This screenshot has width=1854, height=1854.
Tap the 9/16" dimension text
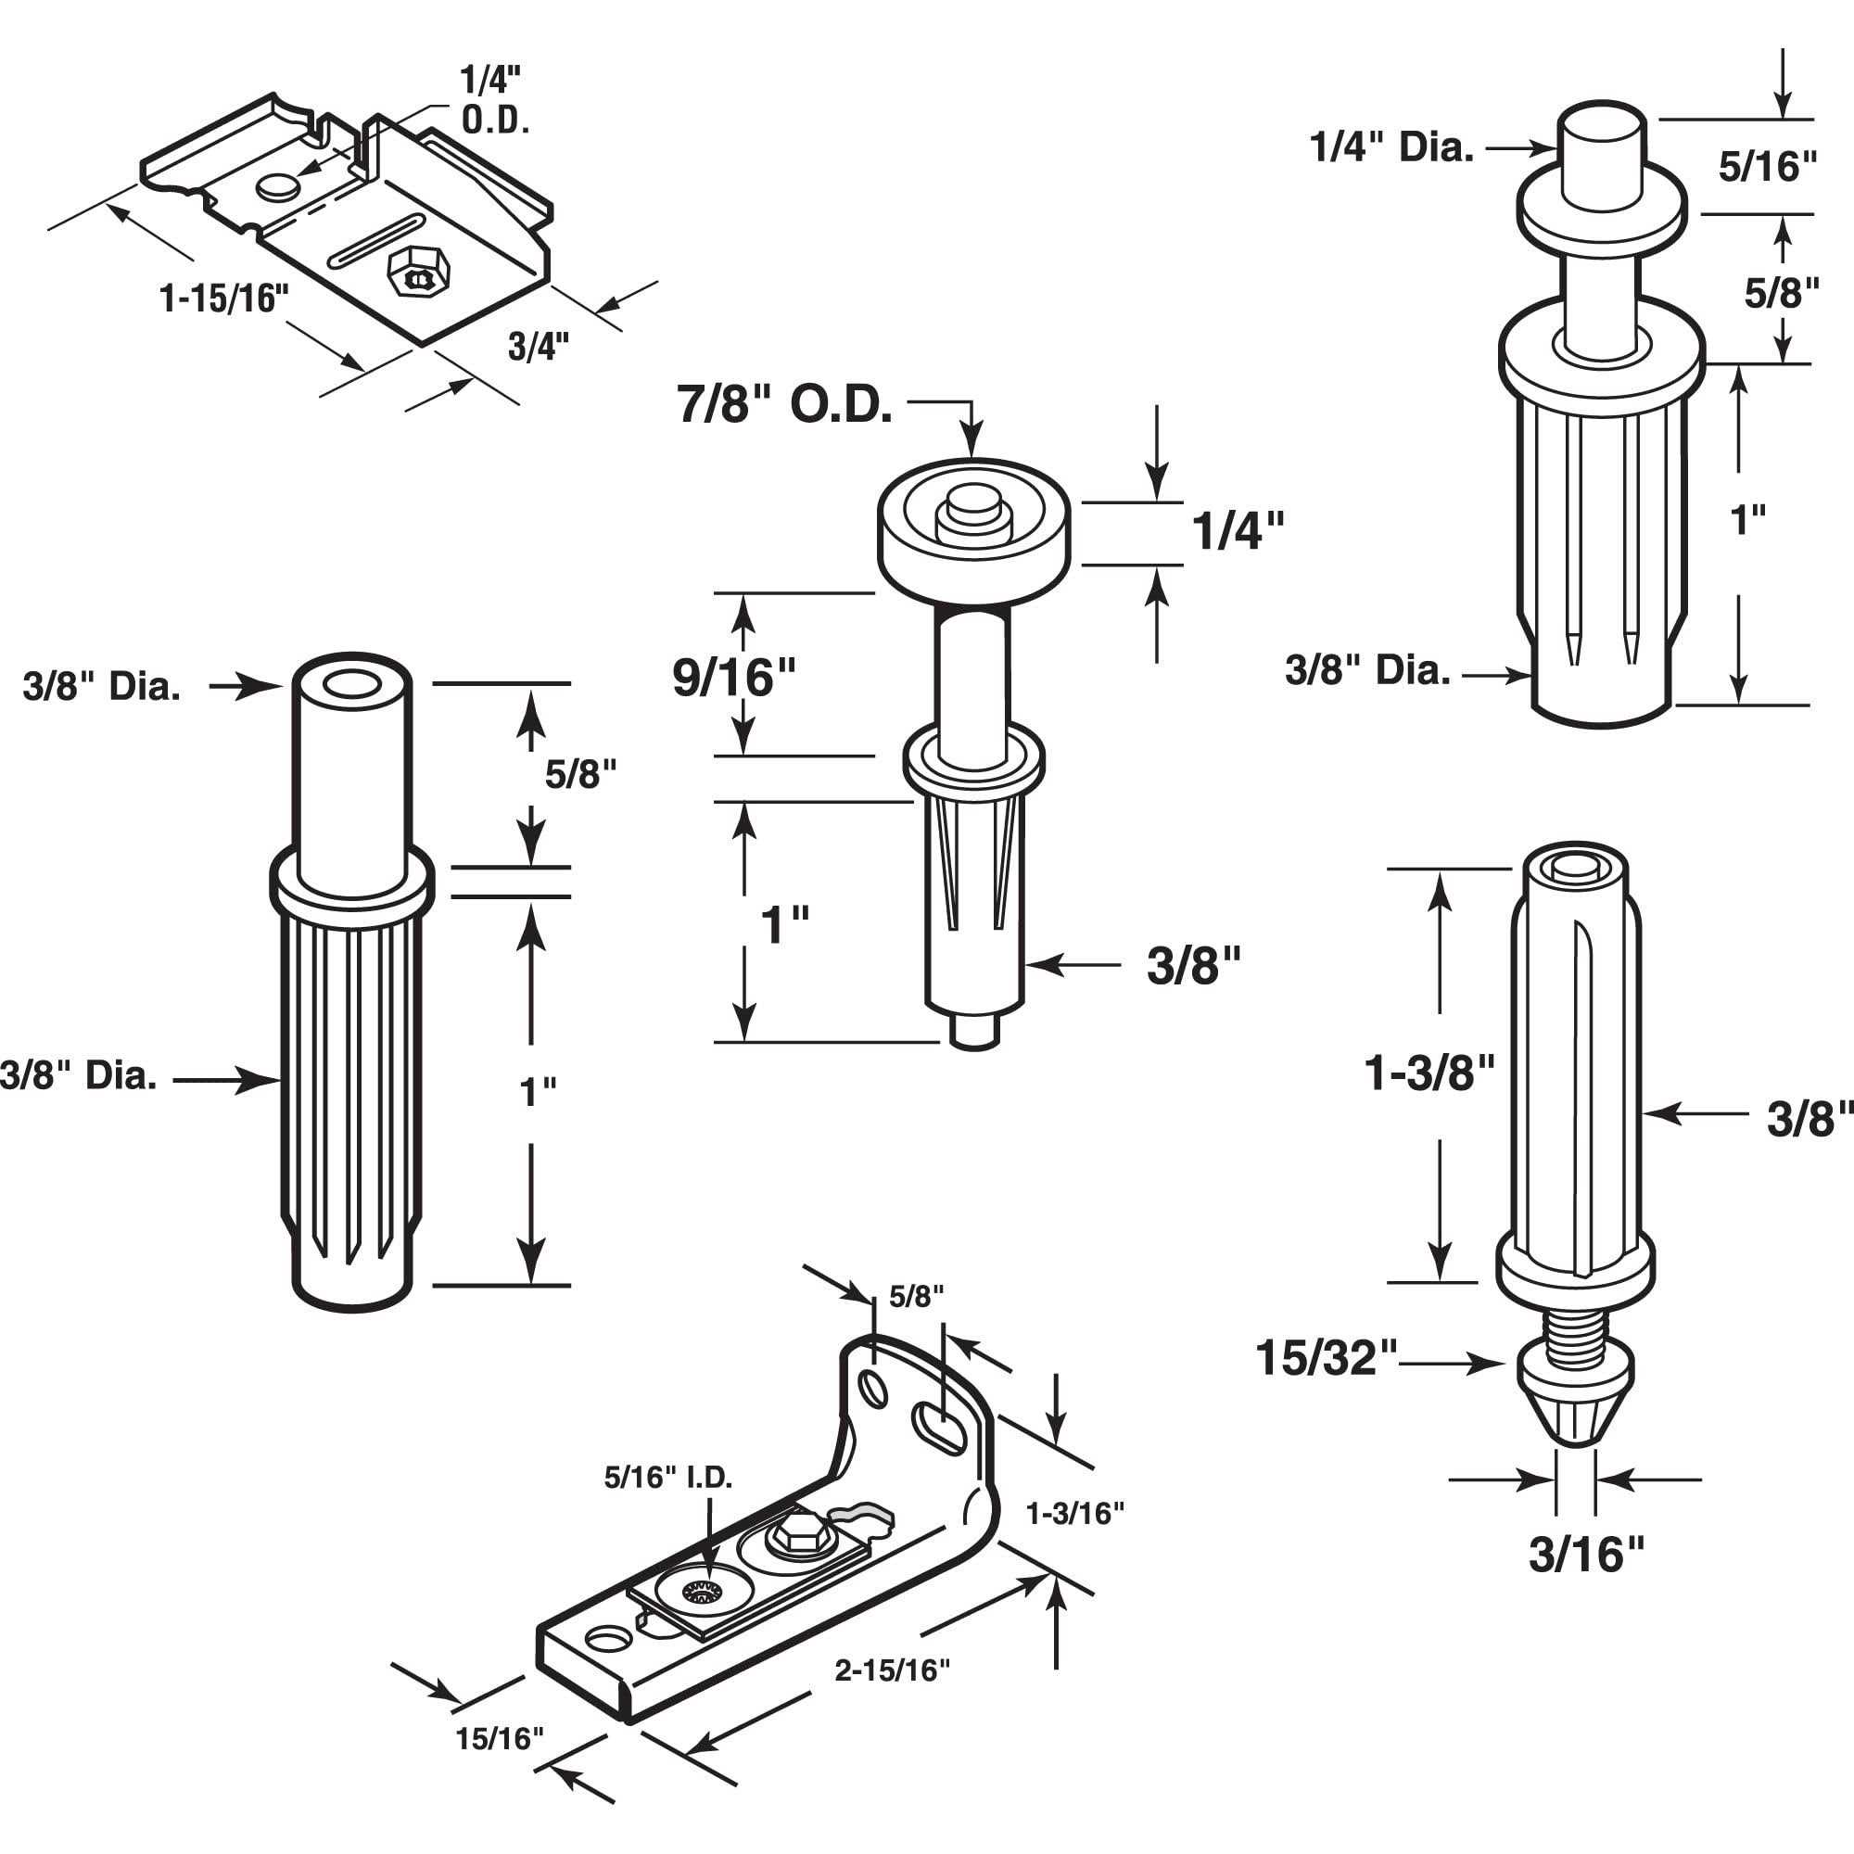[734, 679]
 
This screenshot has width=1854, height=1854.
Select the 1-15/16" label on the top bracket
[224, 299]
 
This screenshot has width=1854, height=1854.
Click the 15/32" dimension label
[1327, 1359]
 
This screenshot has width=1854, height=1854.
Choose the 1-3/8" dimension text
[1429, 1073]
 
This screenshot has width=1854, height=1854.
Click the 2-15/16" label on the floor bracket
[892, 1670]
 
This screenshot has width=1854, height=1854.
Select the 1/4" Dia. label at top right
[1390, 148]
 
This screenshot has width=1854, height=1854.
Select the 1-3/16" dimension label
[1074, 1514]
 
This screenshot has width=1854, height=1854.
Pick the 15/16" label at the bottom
[499, 1738]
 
